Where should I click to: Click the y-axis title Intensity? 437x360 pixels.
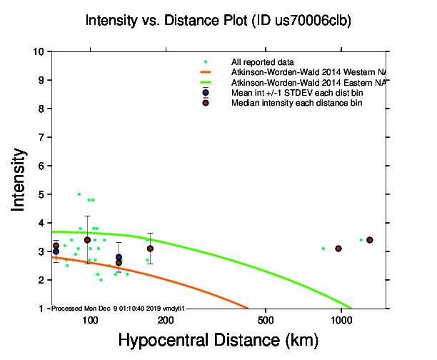pos(19,179)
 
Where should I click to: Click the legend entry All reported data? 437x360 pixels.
pos(263,62)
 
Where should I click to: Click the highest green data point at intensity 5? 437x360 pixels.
pos(79,194)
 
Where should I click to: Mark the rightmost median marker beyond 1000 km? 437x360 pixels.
pos(369,240)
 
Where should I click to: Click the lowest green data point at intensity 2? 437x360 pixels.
pos(101,280)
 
